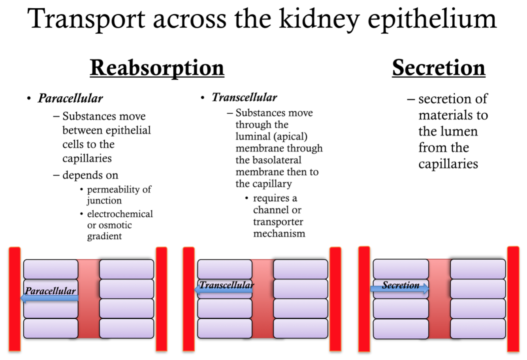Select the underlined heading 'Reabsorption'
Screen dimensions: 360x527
click(157, 68)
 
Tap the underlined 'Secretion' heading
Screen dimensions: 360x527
click(439, 68)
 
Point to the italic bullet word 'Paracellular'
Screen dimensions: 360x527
click(70, 98)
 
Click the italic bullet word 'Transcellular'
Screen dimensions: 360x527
click(244, 97)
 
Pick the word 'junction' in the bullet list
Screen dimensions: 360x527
click(104, 201)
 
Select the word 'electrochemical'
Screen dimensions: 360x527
click(120, 214)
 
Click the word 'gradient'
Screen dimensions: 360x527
click(104, 236)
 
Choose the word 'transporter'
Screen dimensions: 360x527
click(278, 222)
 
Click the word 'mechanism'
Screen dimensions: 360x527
click(279, 233)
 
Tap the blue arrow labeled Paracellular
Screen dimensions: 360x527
click(49, 298)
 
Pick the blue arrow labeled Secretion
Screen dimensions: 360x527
click(399, 289)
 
